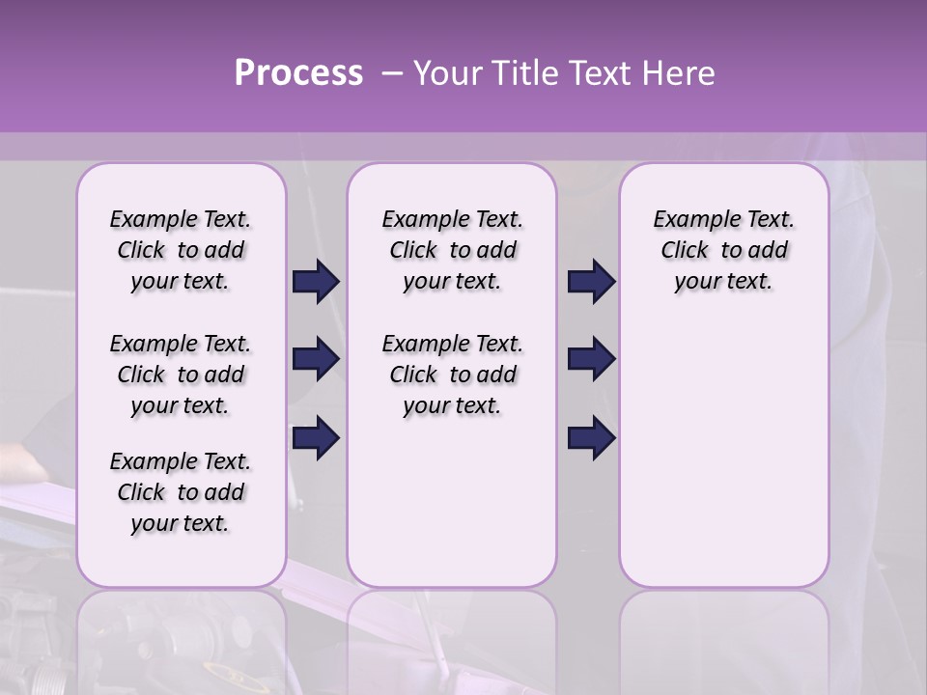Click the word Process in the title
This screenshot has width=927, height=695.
point(298,73)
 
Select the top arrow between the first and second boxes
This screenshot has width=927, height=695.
point(316,282)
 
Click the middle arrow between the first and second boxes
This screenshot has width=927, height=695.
point(316,359)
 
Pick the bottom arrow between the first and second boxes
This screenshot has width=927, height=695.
point(316,437)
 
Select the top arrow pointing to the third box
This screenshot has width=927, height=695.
point(591,282)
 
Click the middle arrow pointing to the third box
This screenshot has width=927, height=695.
point(591,359)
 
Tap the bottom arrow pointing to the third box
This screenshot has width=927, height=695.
point(591,437)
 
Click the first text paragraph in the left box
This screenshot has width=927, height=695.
point(181,251)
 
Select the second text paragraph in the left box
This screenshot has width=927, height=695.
point(181,375)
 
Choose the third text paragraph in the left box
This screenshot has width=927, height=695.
point(181,492)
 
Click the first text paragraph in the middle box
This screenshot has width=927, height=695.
point(453,251)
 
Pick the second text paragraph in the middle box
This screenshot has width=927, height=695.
point(453,375)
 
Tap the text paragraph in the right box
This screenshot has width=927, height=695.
point(724,251)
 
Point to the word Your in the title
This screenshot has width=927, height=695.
point(443,73)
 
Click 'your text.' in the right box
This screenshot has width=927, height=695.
point(724,282)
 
